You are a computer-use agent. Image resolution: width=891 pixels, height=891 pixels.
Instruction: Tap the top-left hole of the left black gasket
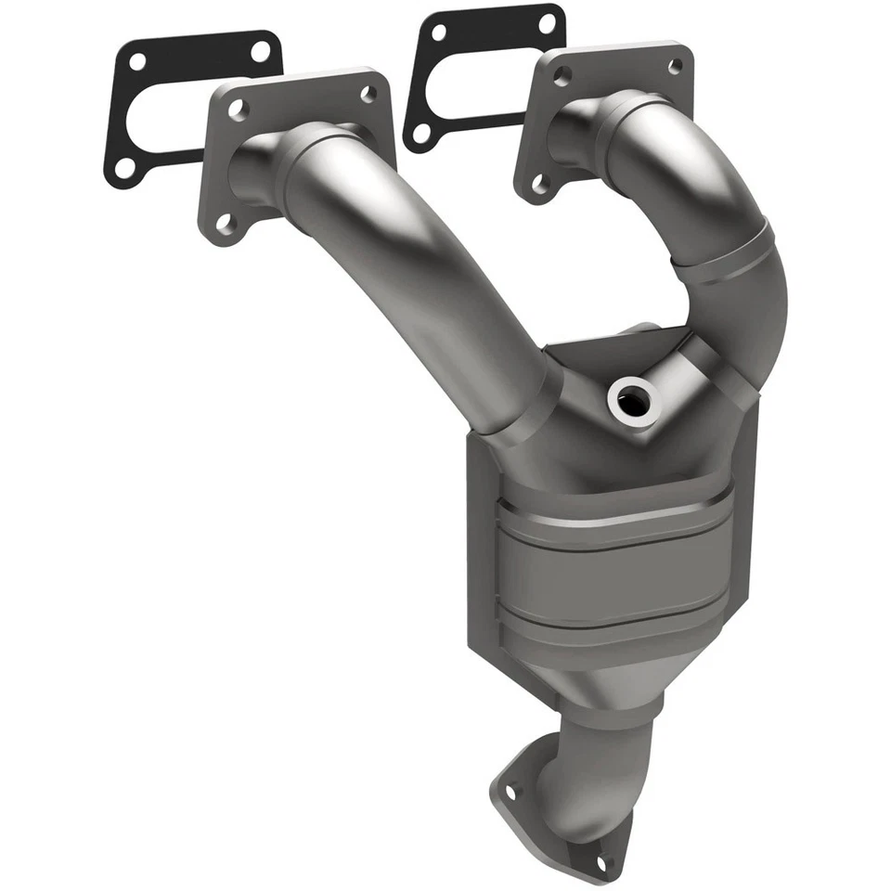click(136, 63)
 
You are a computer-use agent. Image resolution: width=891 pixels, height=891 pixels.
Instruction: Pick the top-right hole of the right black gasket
click(548, 22)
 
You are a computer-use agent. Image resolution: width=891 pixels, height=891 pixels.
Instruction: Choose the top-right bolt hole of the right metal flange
click(675, 65)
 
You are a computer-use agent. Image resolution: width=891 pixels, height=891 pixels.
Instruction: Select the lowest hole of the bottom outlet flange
click(607, 865)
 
